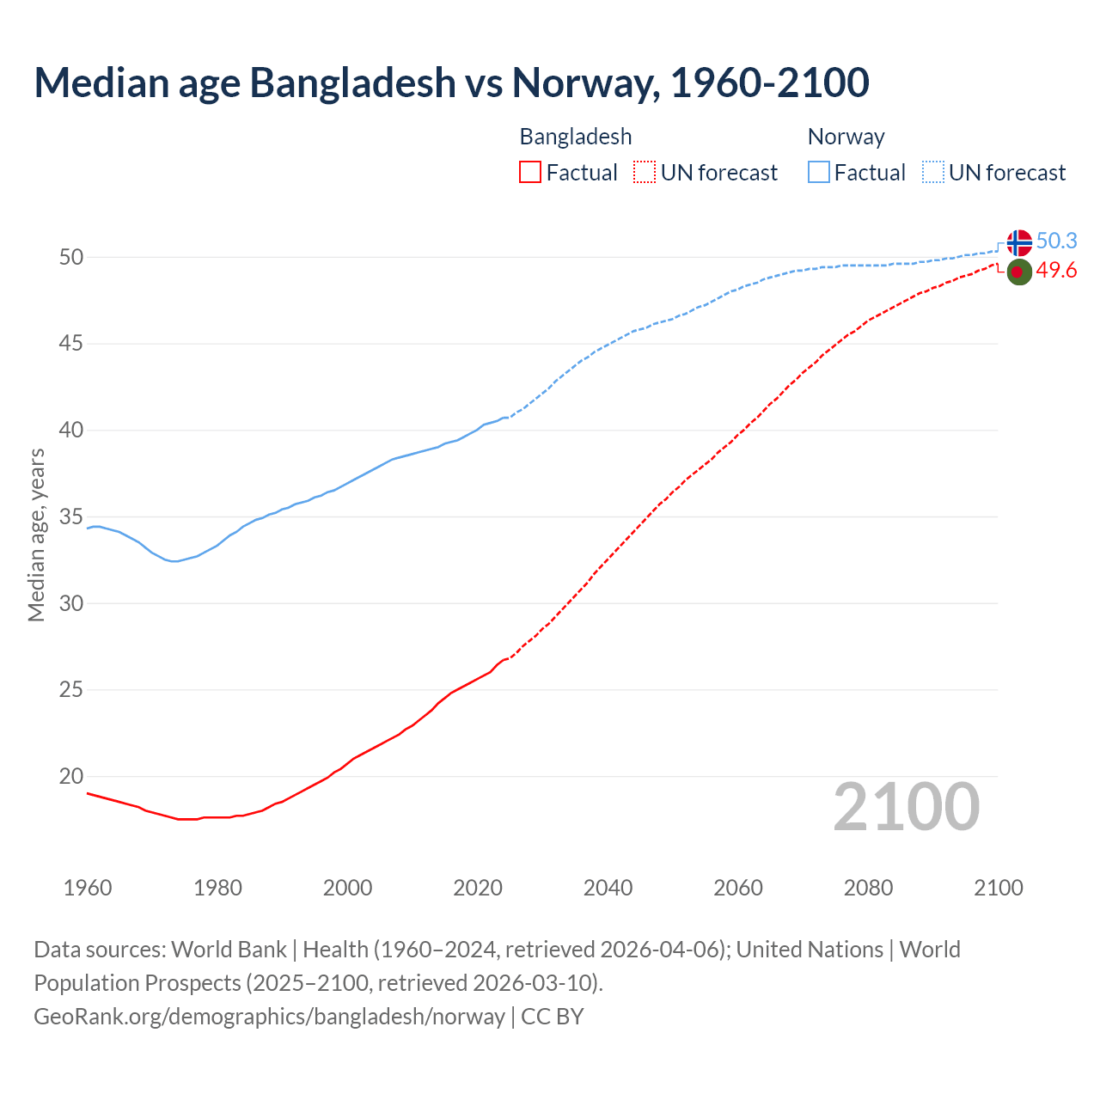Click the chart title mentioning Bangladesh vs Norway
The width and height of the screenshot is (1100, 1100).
tap(451, 82)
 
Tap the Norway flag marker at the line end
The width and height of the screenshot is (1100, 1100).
tap(1018, 242)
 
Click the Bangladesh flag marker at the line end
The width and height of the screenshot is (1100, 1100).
tap(1018, 272)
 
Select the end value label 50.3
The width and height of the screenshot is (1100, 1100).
tap(1056, 241)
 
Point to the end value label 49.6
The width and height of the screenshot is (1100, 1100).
tap(1056, 271)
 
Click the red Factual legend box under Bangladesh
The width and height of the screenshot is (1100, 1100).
tap(530, 173)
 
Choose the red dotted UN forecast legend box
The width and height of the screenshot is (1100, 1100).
tap(645, 173)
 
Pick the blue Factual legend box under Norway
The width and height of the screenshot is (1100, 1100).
tap(818, 173)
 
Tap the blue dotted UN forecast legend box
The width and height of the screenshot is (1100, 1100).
tap(932, 173)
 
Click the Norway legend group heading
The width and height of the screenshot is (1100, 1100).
tap(846, 137)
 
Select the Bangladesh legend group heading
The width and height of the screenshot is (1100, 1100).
tap(575, 137)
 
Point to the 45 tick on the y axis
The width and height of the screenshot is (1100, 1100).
tap(71, 344)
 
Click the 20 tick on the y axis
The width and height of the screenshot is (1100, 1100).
tap(71, 776)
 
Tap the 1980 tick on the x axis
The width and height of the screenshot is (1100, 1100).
tap(217, 888)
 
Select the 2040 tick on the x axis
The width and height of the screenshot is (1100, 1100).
tap(608, 888)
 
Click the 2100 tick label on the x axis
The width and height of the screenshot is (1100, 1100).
tap(998, 888)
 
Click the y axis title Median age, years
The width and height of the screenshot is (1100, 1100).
tap(36, 535)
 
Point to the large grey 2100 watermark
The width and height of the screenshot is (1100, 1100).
tap(906, 806)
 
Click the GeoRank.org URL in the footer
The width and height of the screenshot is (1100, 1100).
tap(269, 1017)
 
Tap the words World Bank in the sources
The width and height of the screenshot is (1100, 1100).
tap(229, 950)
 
